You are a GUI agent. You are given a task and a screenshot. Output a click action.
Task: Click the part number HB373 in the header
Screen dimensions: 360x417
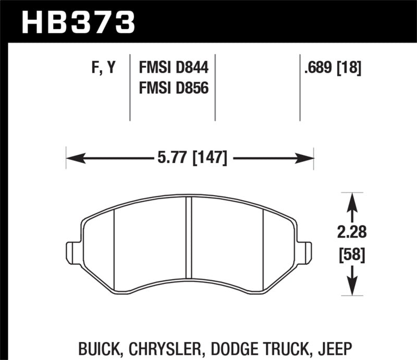click(78, 22)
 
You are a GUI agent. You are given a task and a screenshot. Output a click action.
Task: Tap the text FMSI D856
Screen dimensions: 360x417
click(173, 88)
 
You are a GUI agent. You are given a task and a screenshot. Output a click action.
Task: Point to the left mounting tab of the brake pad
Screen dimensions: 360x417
click(73, 253)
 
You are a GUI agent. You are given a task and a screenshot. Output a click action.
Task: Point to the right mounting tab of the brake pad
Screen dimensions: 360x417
click(305, 253)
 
